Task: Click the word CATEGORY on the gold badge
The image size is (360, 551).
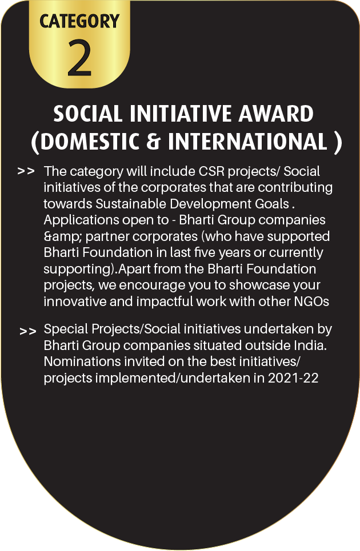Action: [79, 21]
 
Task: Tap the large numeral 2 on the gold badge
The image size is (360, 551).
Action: [79, 58]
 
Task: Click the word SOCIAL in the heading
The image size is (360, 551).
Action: [88, 114]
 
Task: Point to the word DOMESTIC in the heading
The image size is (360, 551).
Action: [90, 141]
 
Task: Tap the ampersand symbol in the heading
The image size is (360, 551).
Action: [153, 141]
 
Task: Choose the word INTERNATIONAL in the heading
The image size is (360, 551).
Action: [247, 141]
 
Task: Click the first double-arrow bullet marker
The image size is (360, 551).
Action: [26, 171]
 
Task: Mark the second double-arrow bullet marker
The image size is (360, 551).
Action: [28, 331]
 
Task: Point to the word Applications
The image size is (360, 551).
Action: [81, 220]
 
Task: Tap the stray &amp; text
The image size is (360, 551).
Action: [63, 237]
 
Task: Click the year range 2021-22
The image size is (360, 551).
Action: [293, 378]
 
